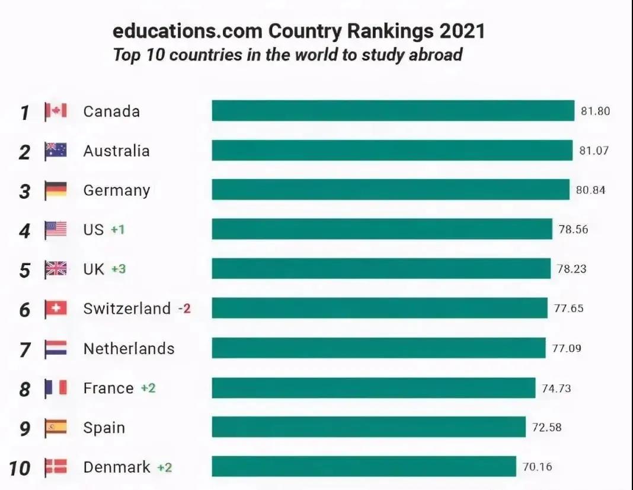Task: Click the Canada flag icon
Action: (x=56, y=112)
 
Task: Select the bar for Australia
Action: (x=392, y=150)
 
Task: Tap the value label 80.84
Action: (x=590, y=190)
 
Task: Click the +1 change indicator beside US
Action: (x=118, y=230)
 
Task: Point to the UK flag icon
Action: (x=56, y=269)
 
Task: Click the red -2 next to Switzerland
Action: (x=185, y=308)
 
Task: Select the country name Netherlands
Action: (x=129, y=348)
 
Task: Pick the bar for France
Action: (x=373, y=388)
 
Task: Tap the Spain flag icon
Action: (x=56, y=427)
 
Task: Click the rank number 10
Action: (x=19, y=468)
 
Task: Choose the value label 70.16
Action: (x=537, y=467)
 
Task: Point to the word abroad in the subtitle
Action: (x=435, y=55)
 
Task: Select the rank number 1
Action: (x=24, y=112)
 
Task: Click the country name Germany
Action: (x=116, y=190)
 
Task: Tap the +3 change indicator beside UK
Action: (x=119, y=269)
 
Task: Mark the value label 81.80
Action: (x=595, y=111)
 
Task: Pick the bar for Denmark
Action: (x=364, y=466)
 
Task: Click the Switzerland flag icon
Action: (x=56, y=308)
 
